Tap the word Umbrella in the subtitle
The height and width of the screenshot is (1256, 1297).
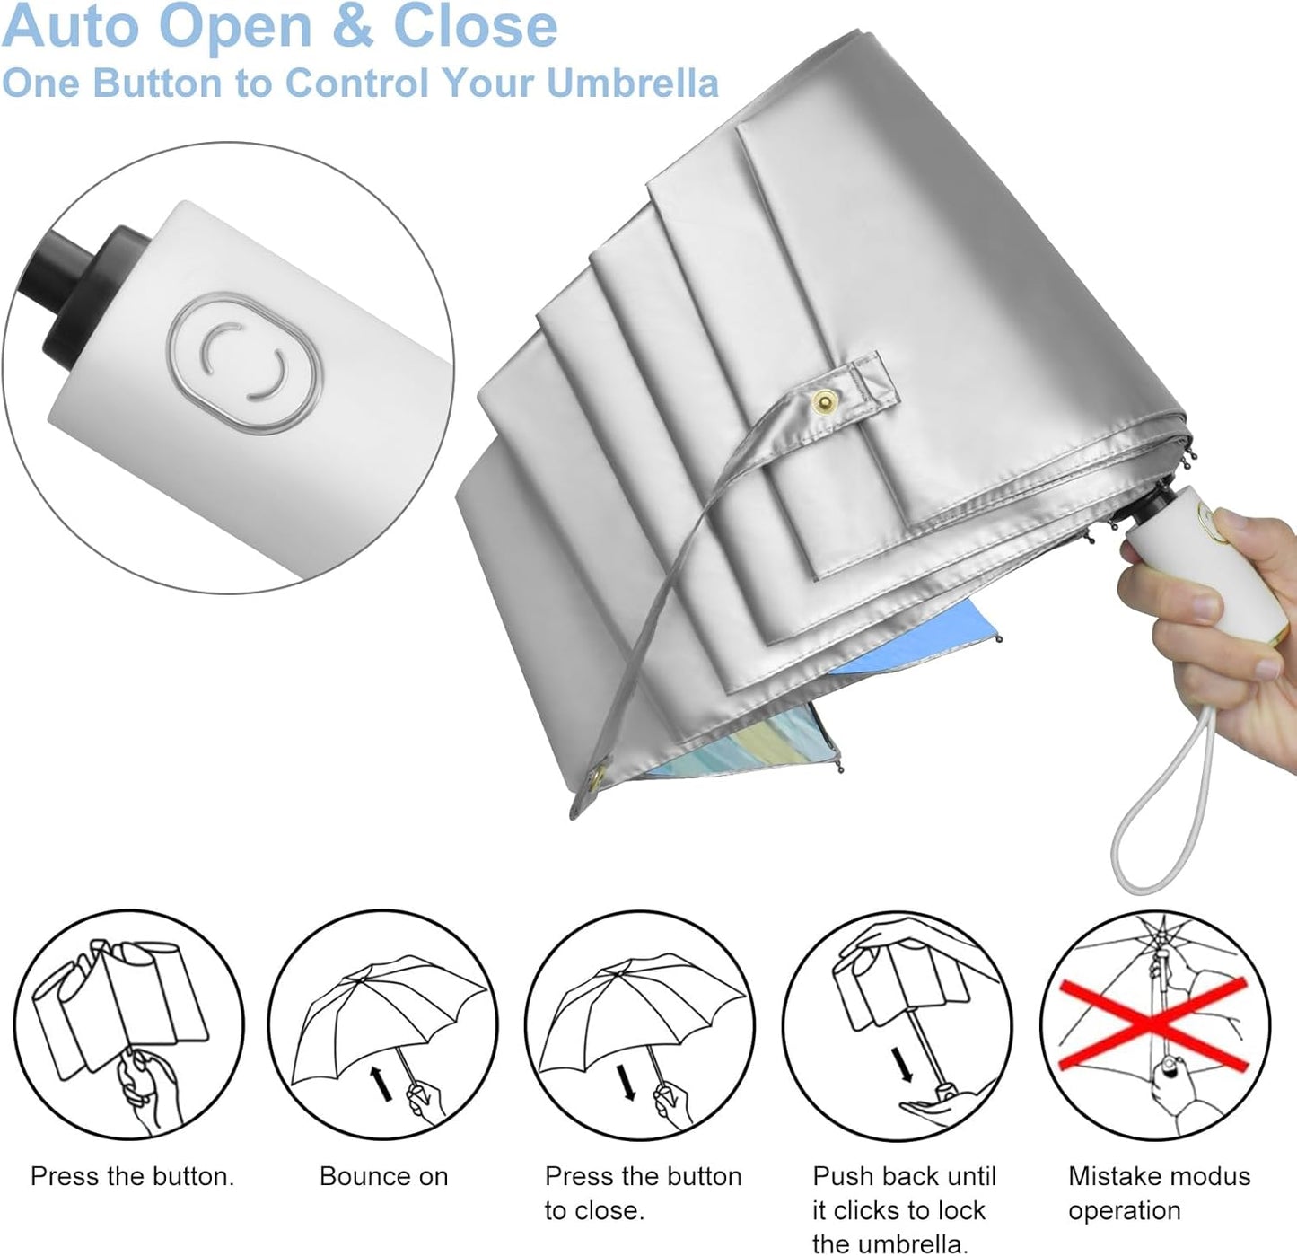tap(632, 83)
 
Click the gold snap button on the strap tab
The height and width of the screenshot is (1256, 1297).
tap(825, 401)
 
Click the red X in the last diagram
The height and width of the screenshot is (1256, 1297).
tap(1153, 1023)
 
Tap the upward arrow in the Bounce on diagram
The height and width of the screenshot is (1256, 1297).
tap(381, 1084)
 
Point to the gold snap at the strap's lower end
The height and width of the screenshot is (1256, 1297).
tap(596, 776)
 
